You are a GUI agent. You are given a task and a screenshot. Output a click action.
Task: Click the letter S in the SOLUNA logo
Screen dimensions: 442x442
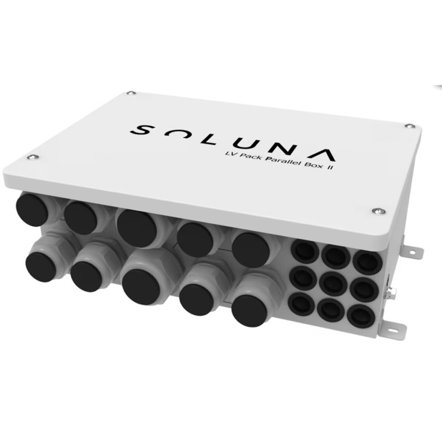(142, 130)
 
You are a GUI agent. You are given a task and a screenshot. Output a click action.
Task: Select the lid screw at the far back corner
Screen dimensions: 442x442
(130, 93)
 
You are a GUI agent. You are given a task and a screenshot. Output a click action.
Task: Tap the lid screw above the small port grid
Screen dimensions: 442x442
(379, 210)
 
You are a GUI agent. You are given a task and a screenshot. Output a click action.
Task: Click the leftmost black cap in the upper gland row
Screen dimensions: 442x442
(33, 210)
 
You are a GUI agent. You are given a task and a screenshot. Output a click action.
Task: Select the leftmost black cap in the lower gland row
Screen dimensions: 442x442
(40, 267)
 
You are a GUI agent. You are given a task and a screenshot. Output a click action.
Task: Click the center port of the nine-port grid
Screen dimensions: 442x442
(333, 284)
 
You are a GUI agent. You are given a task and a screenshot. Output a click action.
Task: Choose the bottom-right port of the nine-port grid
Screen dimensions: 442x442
(361, 316)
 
